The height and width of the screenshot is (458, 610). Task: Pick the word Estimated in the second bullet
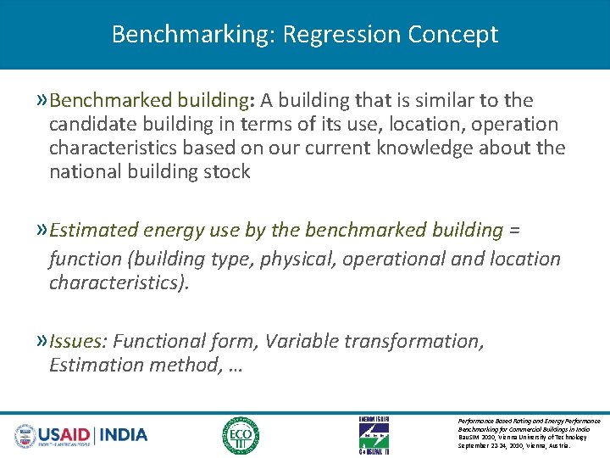click(93, 230)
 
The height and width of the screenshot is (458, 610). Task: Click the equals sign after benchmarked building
click(514, 231)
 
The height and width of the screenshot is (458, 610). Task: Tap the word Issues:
click(79, 341)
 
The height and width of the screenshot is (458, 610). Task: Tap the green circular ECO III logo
click(241, 435)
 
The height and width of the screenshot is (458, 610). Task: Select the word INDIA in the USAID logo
click(124, 435)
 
